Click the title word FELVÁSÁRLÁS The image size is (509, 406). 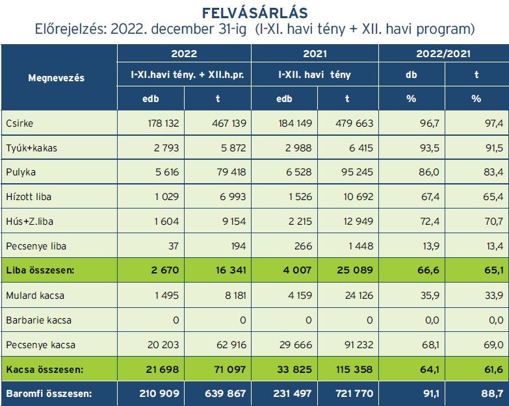(254, 13)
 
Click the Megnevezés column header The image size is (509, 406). (56, 78)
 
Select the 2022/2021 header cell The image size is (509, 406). (443, 54)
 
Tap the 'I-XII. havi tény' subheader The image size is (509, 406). (314, 75)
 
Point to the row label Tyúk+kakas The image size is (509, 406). (31, 148)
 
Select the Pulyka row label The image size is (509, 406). (20, 173)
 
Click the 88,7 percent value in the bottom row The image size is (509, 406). (492, 394)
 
